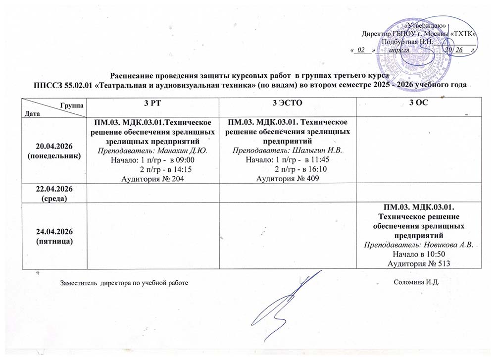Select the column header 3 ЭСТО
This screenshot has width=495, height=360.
tap(288, 103)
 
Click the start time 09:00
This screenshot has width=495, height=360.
tap(187, 160)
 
